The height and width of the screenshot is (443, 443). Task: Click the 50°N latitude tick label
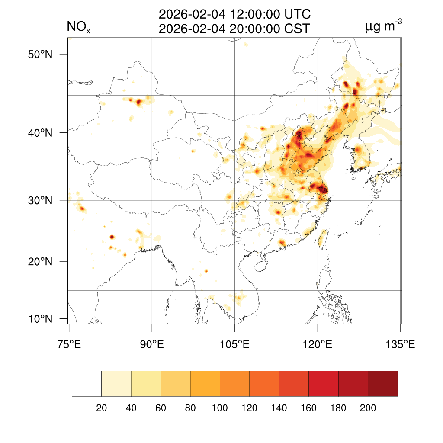pyautogui.click(x=41, y=55)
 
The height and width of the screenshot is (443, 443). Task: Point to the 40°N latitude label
pyautogui.click(x=41, y=133)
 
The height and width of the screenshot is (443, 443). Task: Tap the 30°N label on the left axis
pyautogui.click(x=41, y=200)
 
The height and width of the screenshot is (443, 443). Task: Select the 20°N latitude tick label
pyautogui.click(x=41, y=261)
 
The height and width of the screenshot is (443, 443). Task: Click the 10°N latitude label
pyautogui.click(x=41, y=319)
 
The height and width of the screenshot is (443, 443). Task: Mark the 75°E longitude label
pyautogui.click(x=69, y=345)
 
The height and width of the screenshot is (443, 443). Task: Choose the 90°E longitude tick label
pyautogui.click(x=152, y=345)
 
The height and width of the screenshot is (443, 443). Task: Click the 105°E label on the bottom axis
pyautogui.click(x=234, y=345)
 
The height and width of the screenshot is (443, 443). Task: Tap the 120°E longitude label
pyautogui.click(x=318, y=345)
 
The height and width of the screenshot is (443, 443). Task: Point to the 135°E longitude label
pyautogui.click(x=400, y=345)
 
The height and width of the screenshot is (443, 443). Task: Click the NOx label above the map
pyautogui.click(x=78, y=28)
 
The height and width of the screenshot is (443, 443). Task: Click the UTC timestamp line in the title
pyautogui.click(x=234, y=15)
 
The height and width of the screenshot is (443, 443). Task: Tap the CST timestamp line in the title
pyautogui.click(x=234, y=29)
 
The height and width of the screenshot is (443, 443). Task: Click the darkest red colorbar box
pyautogui.click(x=382, y=384)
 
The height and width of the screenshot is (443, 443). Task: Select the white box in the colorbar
pyautogui.click(x=87, y=384)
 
